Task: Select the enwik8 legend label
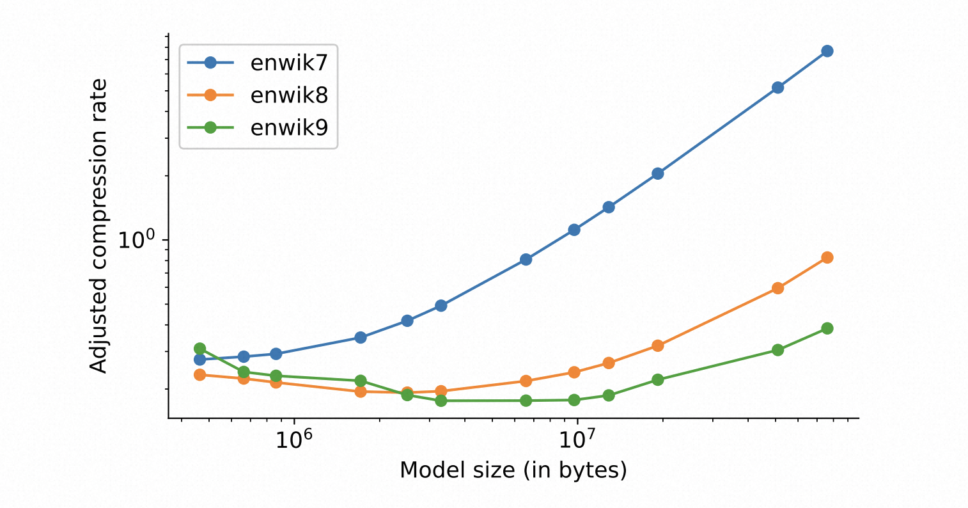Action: click(289, 95)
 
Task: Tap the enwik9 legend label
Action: click(289, 127)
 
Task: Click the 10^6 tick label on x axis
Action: click(294, 441)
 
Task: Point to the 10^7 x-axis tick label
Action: click(577, 441)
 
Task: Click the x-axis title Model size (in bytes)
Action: click(513, 470)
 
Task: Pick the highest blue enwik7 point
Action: click(827, 51)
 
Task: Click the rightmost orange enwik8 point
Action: click(827, 258)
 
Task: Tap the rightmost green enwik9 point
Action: click(827, 328)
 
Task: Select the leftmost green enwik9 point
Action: click(199, 349)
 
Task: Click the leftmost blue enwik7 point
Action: click(199, 360)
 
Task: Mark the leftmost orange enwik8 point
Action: click(199, 375)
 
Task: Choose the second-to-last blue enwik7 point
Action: click(777, 88)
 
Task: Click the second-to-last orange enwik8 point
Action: click(777, 288)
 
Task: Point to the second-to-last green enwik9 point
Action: click(777, 350)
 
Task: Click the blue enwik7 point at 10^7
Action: click(574, 230)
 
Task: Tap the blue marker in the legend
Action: click(210, 63)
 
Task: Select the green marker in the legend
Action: click(210, 127)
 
